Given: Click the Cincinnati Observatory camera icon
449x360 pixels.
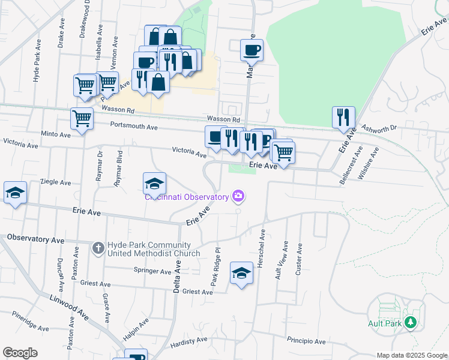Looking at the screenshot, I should tap(239, 196).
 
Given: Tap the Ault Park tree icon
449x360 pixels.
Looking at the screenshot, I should tap(411, 323).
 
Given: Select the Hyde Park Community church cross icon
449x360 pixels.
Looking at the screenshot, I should tap(99, 247).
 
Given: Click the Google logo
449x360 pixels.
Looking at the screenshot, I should tap(20, 353).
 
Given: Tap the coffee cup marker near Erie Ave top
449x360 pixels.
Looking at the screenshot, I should tap(252, 50).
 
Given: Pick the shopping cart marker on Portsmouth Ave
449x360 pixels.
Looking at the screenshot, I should tap(81, 118).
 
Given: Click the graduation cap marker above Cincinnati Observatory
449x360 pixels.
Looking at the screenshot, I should tap(154, 183).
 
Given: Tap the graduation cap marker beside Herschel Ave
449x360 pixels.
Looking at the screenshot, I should tap(241, 274).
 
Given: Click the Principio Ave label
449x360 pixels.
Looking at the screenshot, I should tap(306, 341).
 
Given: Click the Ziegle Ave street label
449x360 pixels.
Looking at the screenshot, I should tap(55, 182).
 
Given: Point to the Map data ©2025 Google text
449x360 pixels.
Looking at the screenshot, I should tap(411, 355).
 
